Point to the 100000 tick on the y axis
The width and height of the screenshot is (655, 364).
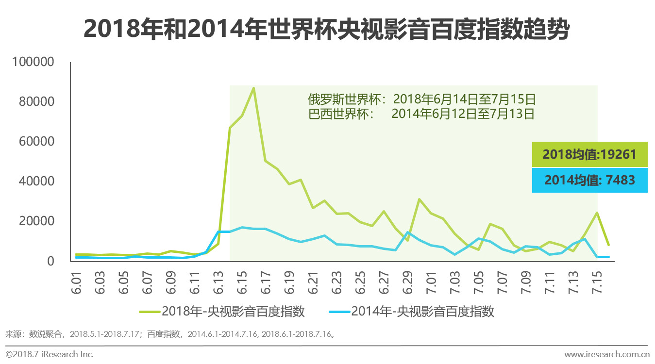click(x=34, y=62)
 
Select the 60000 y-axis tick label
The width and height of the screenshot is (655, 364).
click(x=36, y=142)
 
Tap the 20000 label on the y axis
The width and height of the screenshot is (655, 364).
click(x=36, y=221)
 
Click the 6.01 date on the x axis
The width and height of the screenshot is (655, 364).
click(x=78, y=281)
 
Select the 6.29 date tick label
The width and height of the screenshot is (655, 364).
click(x=408, y=281)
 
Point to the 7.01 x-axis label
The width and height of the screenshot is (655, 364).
click(x=431, y=281)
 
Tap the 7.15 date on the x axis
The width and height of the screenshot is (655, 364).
click(x=596, y=281)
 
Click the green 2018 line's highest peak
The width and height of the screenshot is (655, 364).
click(x=253, y=88)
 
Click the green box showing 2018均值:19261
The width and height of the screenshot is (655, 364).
click(x=589, y=154)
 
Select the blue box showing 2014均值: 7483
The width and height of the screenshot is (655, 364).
click(x=589, y=180)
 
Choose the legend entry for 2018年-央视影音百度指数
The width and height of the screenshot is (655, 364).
click(x=222, y=311)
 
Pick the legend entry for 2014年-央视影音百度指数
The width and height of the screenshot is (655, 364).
click(x=411, y=311)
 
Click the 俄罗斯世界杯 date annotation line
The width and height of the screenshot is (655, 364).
click(x=421, y=99)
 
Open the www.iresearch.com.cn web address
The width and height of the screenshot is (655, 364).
click(x=606, y=354)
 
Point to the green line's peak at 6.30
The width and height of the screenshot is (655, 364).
click(x=419, y=199)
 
